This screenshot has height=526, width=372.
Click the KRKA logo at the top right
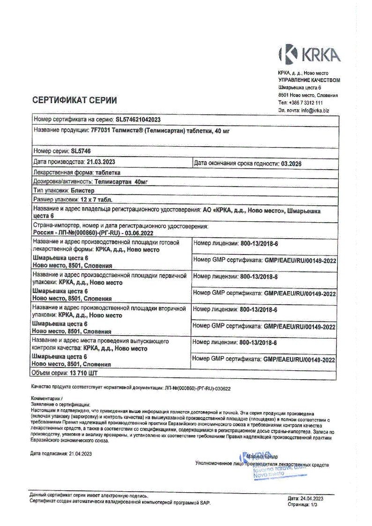coord(309,54)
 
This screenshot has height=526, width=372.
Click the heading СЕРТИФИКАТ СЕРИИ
coord(74,100)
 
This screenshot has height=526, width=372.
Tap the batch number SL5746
coord(80,151)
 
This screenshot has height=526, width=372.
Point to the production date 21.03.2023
coord(101,162)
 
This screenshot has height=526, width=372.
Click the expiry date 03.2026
coord(290,163)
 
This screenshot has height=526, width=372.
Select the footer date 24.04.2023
coord(312,498)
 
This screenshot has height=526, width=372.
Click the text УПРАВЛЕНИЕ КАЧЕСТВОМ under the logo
coord(309,80)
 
